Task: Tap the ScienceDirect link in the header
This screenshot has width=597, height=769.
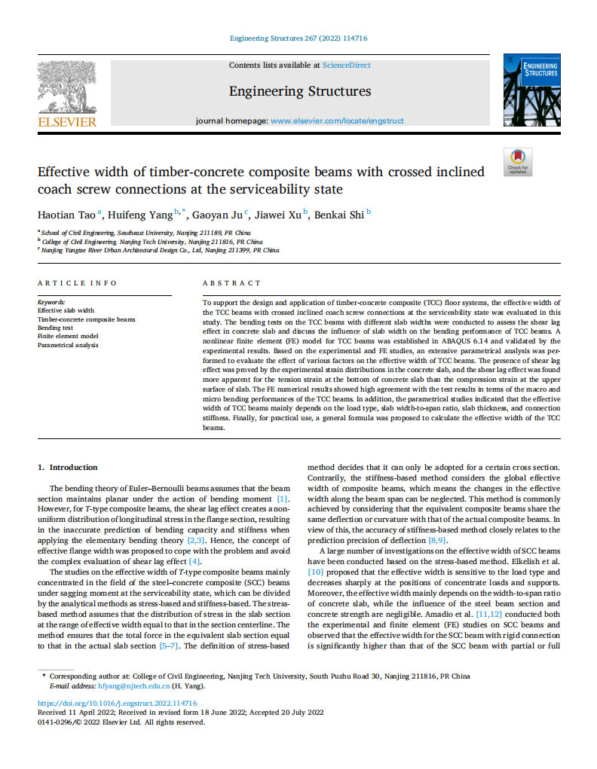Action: tap(346, 66)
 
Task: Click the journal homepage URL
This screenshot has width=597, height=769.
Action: tap(337, 121)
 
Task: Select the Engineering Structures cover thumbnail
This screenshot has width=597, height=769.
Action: tap(531, 90)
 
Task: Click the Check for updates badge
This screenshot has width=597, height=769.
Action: tap(517, 161)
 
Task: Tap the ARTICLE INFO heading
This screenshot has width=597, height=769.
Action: tap(78, 283)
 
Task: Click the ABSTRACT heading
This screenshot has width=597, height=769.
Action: tap(231, 283)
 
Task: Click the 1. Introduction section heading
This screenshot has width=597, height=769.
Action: tap(68, 467)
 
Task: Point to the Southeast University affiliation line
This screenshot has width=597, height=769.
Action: tap(146, 233)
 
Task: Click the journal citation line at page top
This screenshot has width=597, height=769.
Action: tap(298, 38)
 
